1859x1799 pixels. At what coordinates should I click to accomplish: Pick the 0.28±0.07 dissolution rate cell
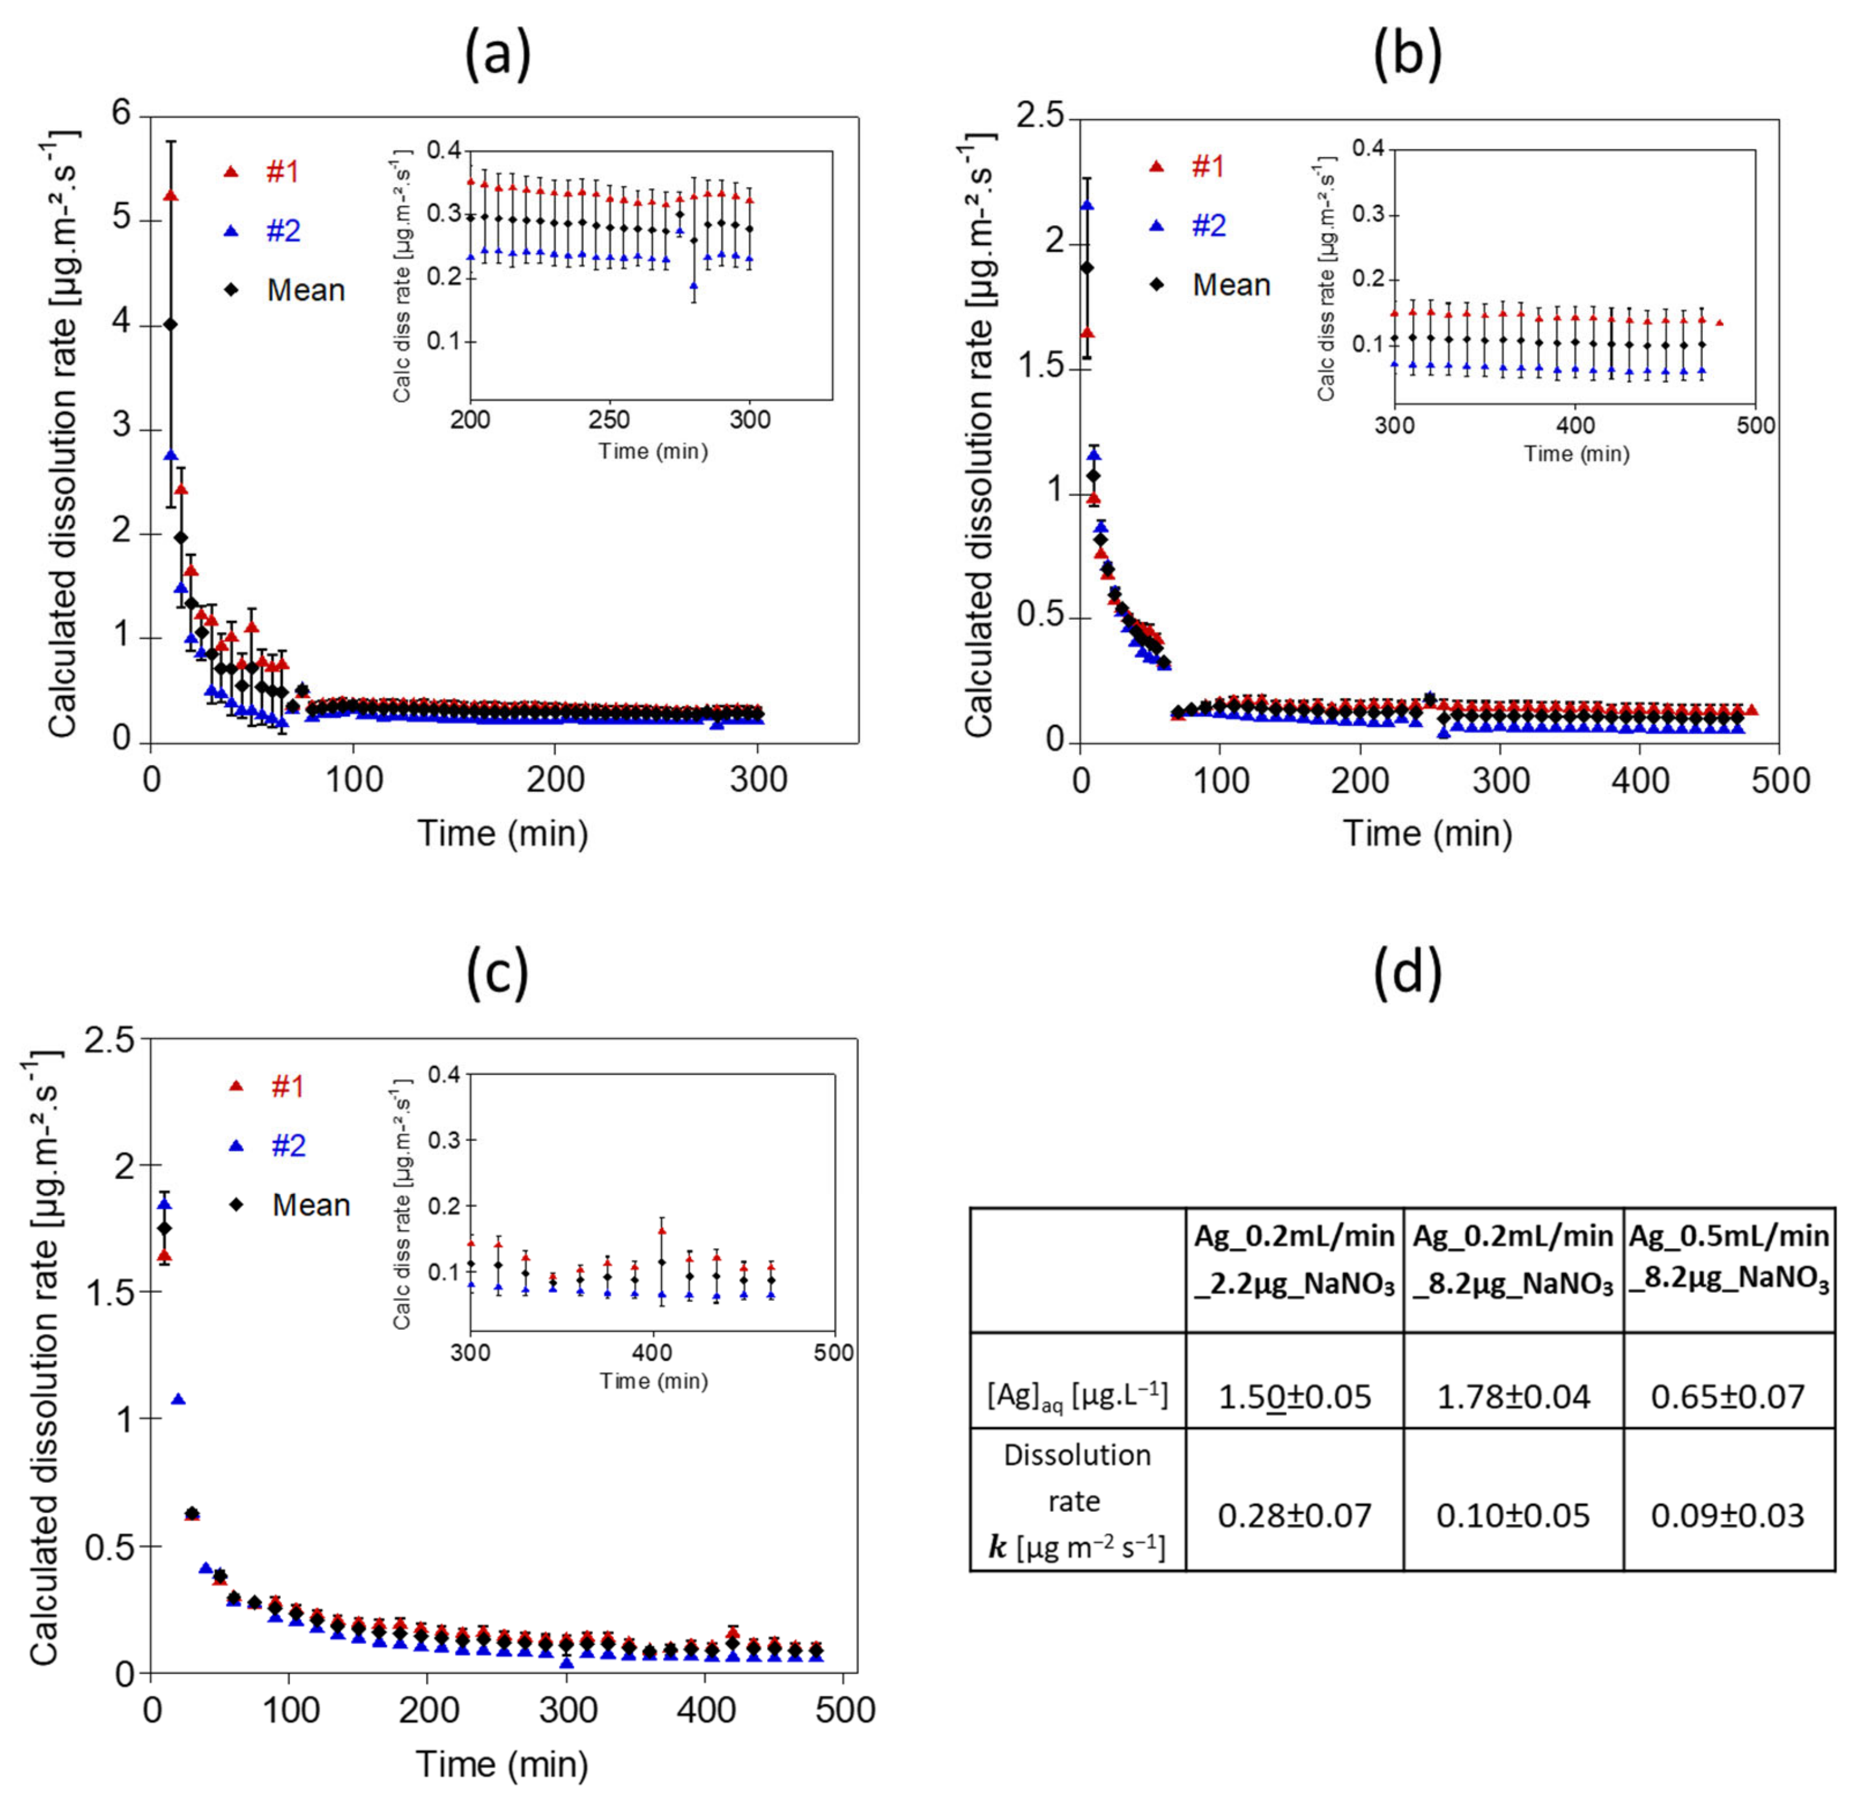click(x=1294, y=1516)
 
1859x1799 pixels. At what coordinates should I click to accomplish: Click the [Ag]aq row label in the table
click(x=1077, y=1396)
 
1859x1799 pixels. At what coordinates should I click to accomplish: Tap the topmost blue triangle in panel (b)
click(x=1088, y=205)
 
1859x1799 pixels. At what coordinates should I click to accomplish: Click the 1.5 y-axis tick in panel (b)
click(x=1040, y=369)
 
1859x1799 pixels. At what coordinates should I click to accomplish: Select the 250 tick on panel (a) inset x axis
click(x=609, y=421)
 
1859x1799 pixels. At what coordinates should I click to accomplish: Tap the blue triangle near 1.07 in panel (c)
click(x=178, y=1399)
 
